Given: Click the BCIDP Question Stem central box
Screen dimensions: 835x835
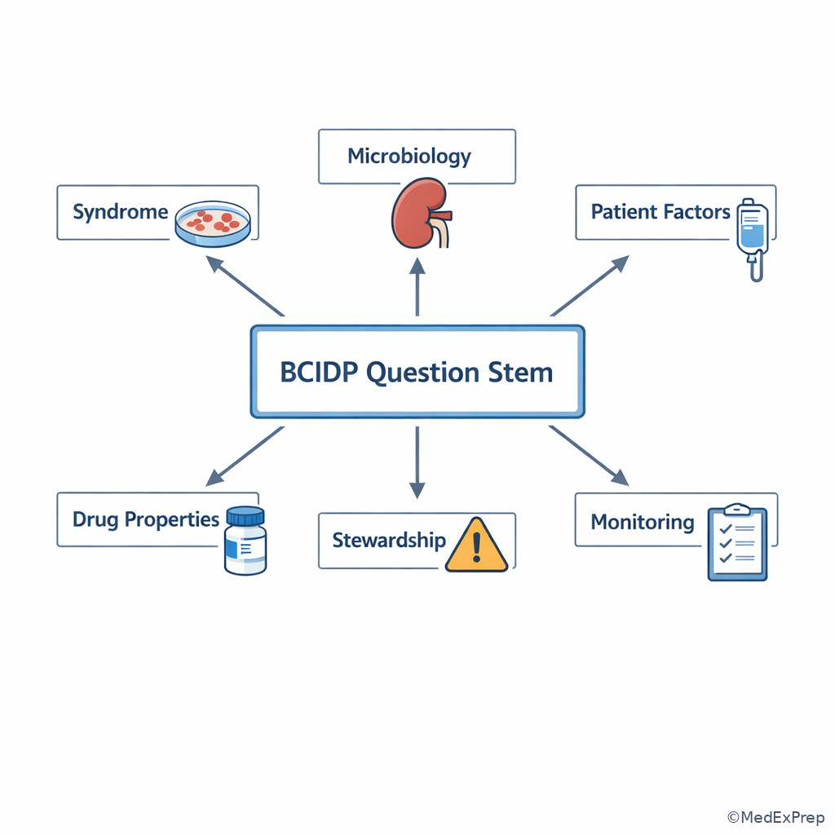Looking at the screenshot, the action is [x=417, y=371].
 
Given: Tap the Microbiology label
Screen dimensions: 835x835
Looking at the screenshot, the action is [x=409, y=157].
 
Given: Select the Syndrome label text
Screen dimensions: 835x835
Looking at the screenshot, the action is [x=121, y=212].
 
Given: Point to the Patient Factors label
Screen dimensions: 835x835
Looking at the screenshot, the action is [x=660, y=211].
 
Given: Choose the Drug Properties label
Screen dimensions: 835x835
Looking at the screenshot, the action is [x=146, y=519].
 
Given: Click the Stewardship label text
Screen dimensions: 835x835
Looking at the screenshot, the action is [x=389, y=540].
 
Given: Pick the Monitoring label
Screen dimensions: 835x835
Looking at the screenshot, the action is [x=643, y=522].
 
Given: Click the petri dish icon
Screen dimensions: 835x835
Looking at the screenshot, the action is [x=213, y=223].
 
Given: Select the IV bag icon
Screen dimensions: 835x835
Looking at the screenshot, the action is [x=753, y=239].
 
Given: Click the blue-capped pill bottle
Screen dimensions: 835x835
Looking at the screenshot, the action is [x=245, y=541].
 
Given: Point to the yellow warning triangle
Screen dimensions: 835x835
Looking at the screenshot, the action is [x=476, y=545].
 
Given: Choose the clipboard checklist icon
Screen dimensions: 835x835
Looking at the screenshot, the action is [x=737, y=542].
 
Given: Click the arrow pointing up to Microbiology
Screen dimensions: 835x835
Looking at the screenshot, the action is [x=417, y=287].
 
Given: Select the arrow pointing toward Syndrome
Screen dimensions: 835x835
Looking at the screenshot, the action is [x=245, y=286].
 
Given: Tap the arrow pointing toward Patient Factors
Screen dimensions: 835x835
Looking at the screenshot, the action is [x=590, y=286].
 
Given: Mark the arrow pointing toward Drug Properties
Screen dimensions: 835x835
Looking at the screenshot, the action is [x=245, y=456].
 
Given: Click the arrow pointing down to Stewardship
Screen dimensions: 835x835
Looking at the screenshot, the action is [x=417, y=462].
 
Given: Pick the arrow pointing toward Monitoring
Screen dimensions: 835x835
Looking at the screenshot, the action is [x=589, y=456].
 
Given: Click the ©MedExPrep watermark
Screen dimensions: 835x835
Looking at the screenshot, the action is [x=776, y=817].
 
